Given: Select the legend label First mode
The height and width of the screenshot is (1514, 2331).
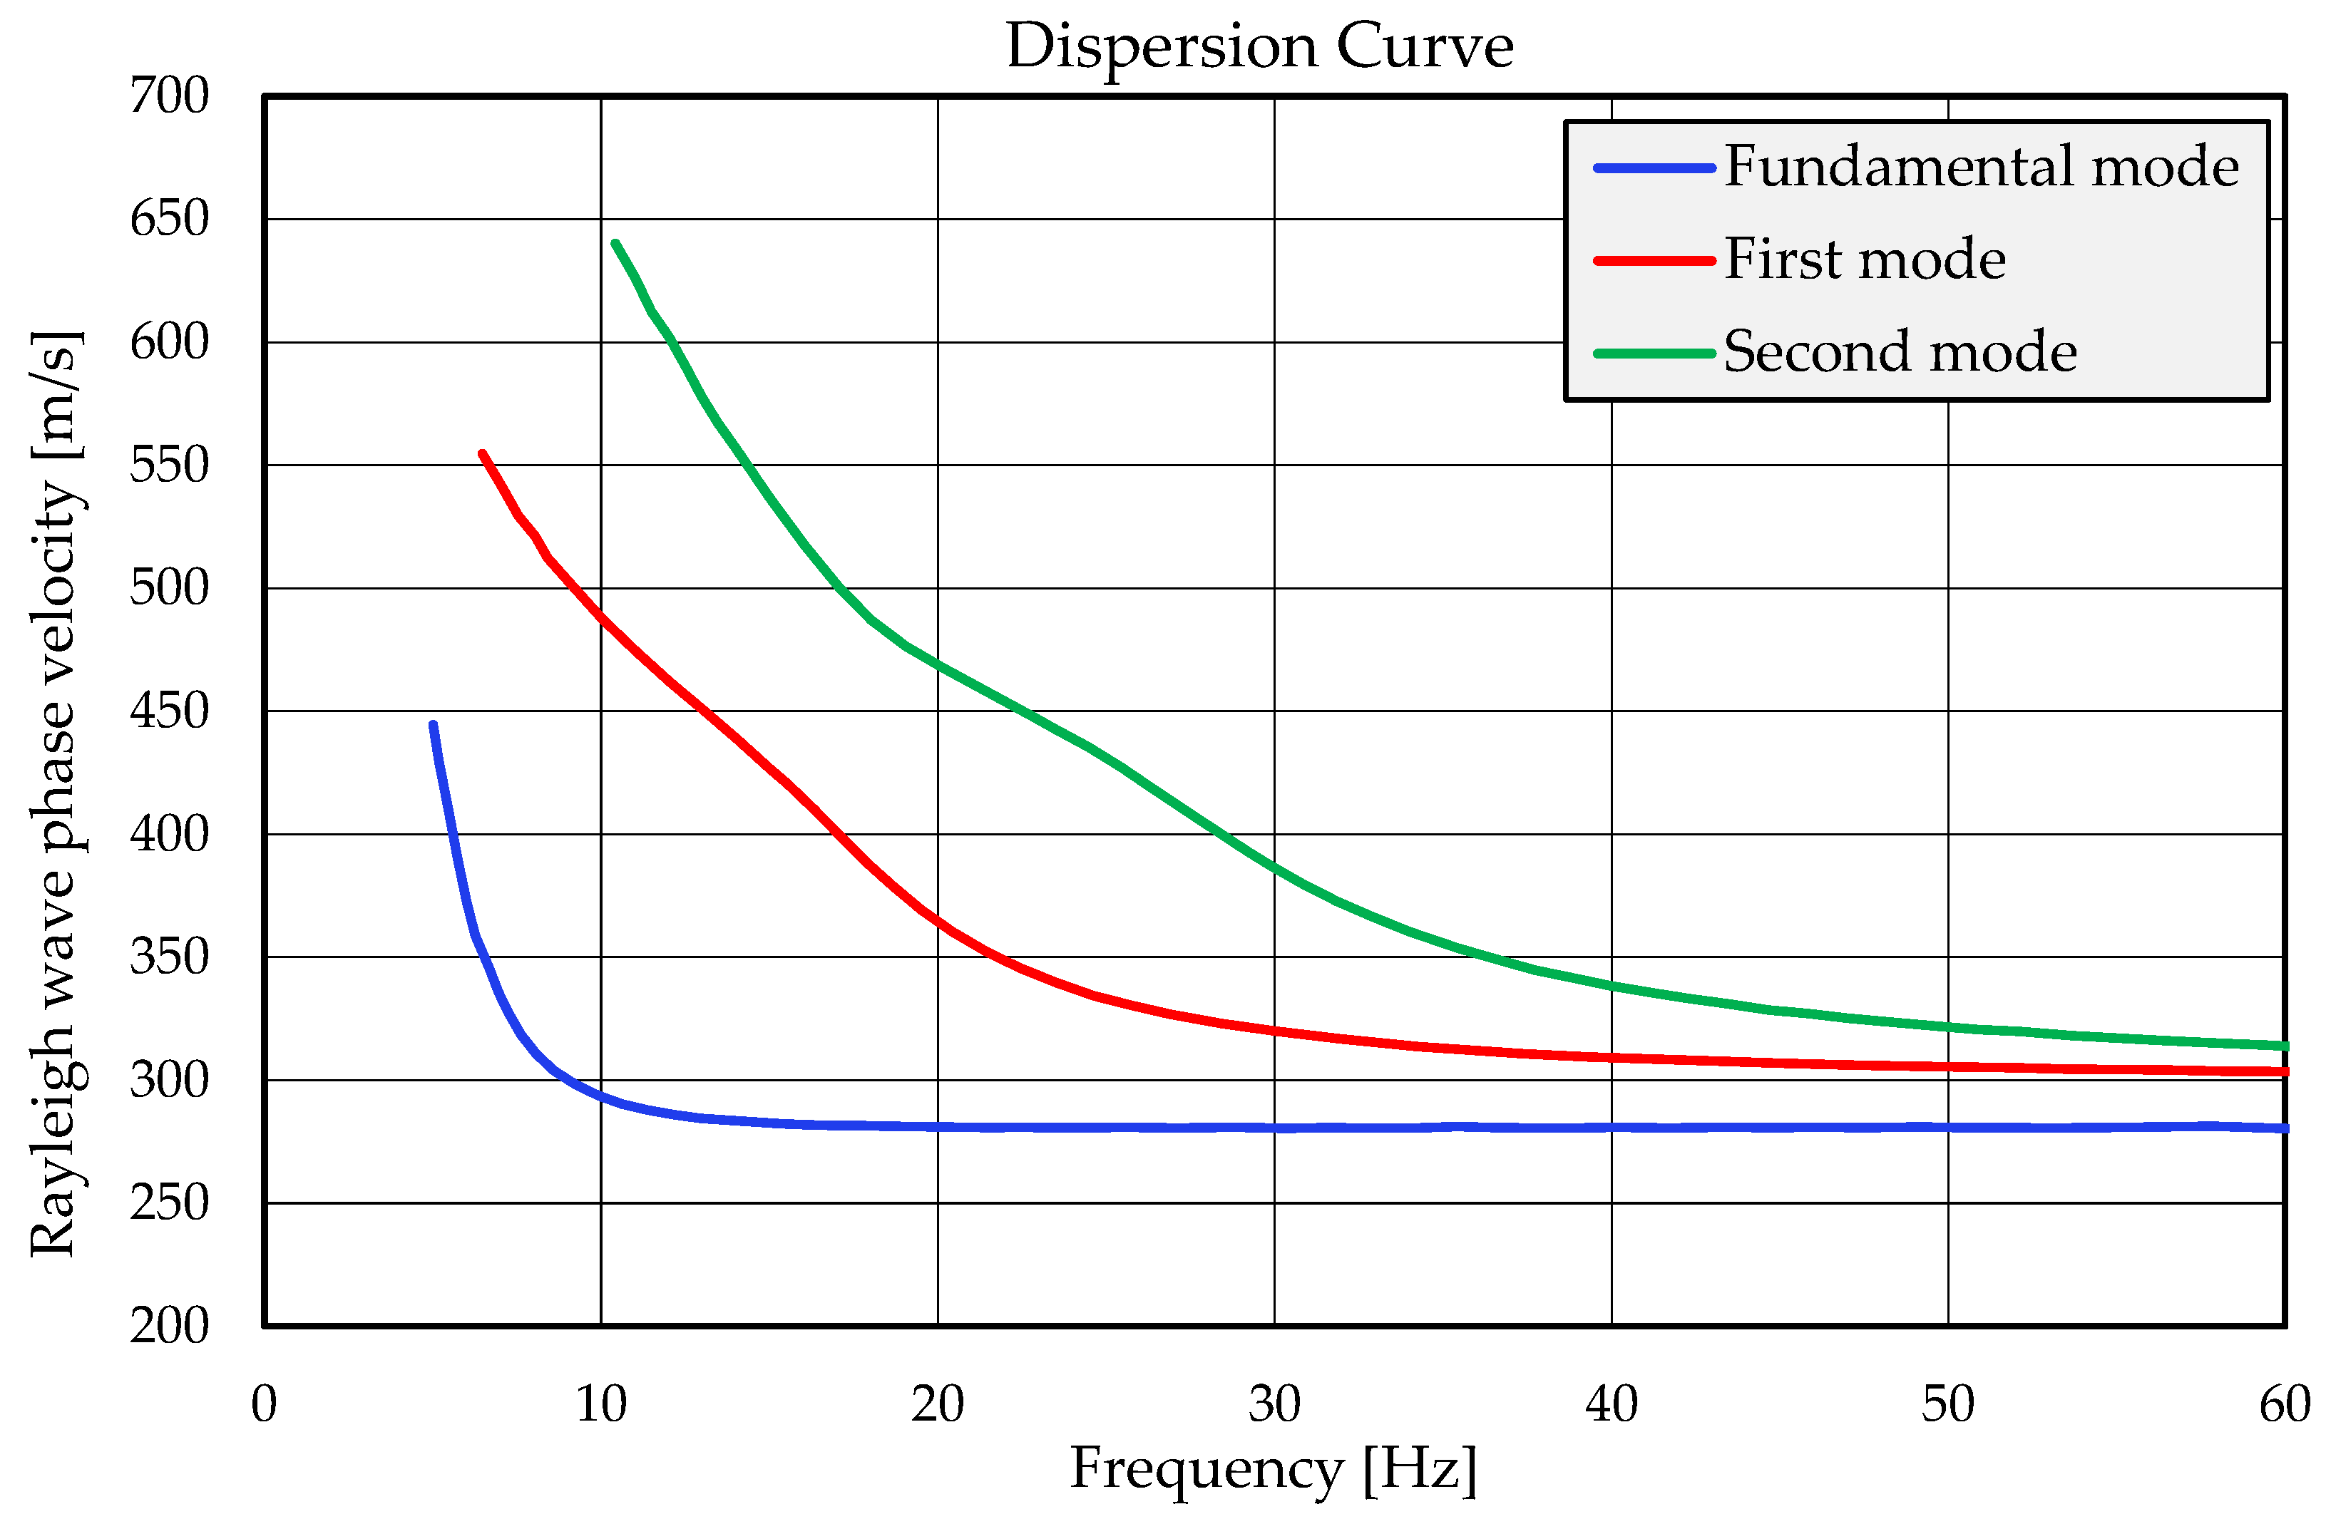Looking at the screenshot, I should tap(1865, 259).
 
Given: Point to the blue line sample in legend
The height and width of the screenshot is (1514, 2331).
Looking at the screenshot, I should tap(1654, 168).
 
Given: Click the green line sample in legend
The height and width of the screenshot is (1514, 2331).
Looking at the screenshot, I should tap(1654, 354).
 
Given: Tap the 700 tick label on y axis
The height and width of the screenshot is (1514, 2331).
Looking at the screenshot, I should tap(170, 96).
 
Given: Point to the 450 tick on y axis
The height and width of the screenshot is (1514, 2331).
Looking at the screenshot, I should tap(170, 711).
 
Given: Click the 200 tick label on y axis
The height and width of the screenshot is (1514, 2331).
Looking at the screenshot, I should tap(170, 1326).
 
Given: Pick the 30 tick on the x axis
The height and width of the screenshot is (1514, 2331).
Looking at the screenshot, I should tap(1274, 1404).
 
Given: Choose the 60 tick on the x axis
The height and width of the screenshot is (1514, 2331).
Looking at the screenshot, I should tap(2284, 1404).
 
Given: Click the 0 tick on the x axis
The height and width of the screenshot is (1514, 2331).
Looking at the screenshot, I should tap(265, 1404).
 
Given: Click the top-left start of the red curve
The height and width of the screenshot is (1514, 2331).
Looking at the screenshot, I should tap(482, 454).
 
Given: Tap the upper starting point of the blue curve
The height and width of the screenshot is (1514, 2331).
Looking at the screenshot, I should tap(433, 726).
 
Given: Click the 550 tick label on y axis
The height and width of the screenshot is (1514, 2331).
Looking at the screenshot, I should tap(170, 465).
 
